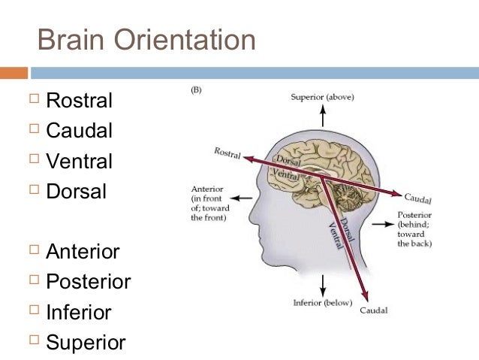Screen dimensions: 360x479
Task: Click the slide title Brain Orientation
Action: point(146,39)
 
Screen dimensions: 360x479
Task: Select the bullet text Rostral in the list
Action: point(79,100)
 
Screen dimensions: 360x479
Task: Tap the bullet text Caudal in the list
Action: point(79,131)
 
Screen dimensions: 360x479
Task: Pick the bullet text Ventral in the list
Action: point(79,161)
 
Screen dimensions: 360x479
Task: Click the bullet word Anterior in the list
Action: point(83,251)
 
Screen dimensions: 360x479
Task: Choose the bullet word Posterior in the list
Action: point(88,282)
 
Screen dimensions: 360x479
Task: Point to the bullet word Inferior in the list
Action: point(78,312)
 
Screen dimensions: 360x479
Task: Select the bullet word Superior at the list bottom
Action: point(86,343)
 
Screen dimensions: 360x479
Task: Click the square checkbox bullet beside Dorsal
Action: point(32,192)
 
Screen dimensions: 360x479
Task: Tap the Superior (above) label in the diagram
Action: point(323,97)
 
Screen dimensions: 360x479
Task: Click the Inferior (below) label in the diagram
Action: point(322,303)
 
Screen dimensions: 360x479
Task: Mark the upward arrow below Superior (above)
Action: point(323,116)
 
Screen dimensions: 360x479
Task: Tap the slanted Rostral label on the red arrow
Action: point(227,153)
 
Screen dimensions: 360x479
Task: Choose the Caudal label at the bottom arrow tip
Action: point(373,310)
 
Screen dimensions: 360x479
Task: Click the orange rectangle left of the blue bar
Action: point(14,73)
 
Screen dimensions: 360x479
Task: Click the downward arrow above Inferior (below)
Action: point(323,284)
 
